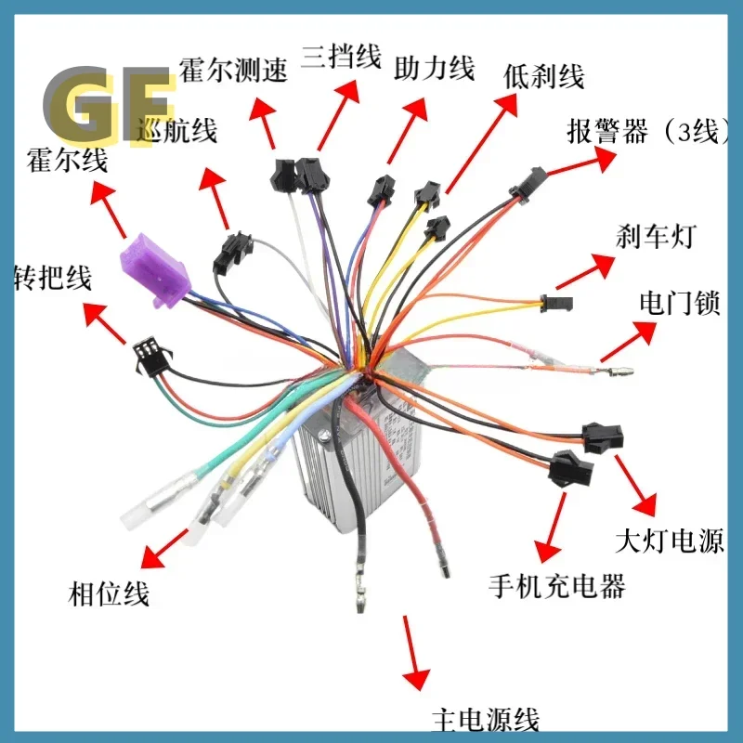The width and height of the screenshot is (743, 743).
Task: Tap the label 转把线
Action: (52, 277)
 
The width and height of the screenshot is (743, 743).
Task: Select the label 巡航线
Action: (176, 131)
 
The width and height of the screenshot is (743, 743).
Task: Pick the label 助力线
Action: (435, 68)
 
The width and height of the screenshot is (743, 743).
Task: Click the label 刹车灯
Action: (655, 238)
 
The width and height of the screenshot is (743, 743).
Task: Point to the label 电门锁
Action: (680, 304)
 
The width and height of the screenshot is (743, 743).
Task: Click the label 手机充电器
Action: (557, 586)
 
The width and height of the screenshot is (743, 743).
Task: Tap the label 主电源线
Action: (486, 719)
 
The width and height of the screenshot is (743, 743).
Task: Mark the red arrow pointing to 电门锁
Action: (627, 343)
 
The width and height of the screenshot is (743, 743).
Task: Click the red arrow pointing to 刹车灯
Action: (581, 270)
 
